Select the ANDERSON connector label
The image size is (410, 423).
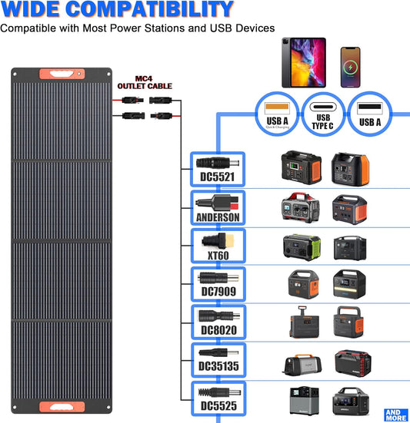point(217,217)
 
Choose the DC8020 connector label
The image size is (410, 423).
point(217,331)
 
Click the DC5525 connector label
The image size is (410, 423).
point(217,406)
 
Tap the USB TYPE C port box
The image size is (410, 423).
point(323,114)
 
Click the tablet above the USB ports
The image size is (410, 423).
point(304,62)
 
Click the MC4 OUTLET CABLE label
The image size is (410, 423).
point(144,83)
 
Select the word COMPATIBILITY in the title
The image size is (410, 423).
point(157,10)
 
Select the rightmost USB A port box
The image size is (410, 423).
point(369,114)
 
